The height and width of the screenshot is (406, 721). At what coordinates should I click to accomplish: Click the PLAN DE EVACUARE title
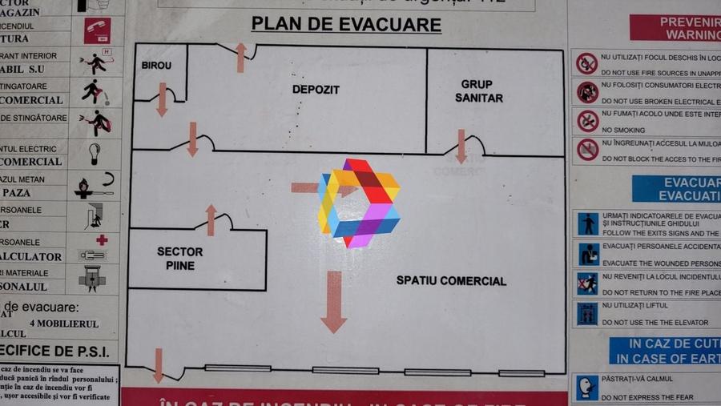click(x=346, y=25)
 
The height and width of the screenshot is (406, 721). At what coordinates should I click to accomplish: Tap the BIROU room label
click(x=156, y=66)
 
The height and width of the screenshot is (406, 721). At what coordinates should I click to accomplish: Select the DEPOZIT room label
click(x=316, y=90)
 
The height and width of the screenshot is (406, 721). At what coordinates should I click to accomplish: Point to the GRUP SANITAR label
click(x=479, y=90)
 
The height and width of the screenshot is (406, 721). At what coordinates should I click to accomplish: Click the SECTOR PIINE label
click(x=180, y=258)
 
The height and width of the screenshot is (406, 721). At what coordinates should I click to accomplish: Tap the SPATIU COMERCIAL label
click(x=451, y=281)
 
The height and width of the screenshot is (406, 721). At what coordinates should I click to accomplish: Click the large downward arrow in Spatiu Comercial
click(x=333, y=302)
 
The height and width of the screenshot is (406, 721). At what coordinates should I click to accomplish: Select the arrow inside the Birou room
click(x=162, y=99)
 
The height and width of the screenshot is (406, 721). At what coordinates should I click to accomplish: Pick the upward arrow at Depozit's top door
click(x=240, y=58)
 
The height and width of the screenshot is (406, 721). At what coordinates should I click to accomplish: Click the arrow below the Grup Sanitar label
click(x=461, y=146)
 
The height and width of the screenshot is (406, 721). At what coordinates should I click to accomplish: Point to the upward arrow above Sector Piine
click(x=211, y=219)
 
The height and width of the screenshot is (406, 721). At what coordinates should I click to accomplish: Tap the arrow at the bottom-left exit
click(x=159, y=364)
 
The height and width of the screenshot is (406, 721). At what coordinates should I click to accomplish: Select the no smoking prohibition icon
click(x=588, y=122)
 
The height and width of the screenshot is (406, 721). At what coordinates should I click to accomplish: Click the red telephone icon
click(x=98, y=30)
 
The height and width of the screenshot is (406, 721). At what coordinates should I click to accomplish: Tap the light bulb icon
click(x=95, y=152)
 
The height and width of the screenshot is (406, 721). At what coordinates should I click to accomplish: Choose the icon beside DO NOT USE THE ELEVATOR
click(x=588, y=313)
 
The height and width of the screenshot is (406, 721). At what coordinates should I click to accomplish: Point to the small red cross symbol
click(x=102, y=239)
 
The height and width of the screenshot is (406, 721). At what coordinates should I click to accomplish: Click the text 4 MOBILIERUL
click(x=64, y=324)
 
